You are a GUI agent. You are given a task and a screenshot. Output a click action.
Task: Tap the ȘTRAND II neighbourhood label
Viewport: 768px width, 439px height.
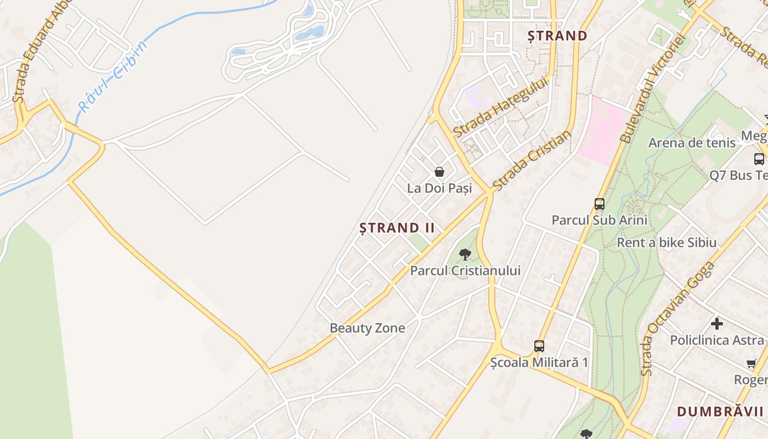click(x=397, y=228)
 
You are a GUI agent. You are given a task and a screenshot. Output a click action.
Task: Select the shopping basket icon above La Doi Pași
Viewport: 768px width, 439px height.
click(x=439, y=172)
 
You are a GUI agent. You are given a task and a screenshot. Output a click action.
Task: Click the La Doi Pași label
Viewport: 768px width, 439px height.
click(x=439, y=188)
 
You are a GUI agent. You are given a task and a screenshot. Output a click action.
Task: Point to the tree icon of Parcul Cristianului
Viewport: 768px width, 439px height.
click(x=465, y=254)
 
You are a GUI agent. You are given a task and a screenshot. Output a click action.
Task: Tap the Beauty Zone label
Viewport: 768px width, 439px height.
click(x=367, y=328)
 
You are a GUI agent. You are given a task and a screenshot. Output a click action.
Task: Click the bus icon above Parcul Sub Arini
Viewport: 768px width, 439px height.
click(x=600, y=204)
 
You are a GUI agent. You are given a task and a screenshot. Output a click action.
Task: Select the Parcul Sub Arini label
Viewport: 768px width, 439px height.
click(x=599, y=221)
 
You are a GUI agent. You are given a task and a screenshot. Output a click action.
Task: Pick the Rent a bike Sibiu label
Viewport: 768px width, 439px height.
click(x=667, y=243)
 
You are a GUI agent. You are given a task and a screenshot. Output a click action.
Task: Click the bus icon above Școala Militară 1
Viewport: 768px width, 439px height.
click(x=539, y=346)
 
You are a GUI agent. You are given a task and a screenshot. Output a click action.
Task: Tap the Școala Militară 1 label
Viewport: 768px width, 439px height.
click(x=539, y=363)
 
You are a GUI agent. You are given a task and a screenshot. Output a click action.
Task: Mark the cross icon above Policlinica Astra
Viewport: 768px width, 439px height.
click(x=716, y=324)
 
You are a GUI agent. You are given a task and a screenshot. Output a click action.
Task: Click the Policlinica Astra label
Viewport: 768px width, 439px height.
click(x=716, y=340)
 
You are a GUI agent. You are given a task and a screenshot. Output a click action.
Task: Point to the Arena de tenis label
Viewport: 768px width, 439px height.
click(x=692, y=143)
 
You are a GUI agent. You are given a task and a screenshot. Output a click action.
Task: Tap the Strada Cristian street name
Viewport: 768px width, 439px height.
click(x=531, y=161)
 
